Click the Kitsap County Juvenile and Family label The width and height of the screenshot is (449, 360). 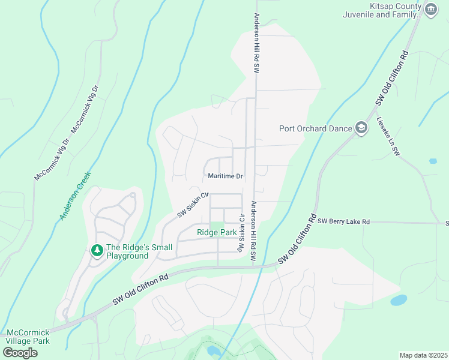click(381, 10)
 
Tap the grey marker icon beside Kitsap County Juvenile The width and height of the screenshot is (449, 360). click(430, 9)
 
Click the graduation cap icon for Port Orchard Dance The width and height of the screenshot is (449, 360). click(361, 128)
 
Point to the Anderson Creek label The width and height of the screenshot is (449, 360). click(74, 196)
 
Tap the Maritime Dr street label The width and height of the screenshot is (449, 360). click(225, 176)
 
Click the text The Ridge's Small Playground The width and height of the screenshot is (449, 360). click(139, 251)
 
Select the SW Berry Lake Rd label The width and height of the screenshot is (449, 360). click(343, 221)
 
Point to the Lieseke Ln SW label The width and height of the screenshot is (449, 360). click(387, 137)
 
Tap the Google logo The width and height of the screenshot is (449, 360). click(20, 353)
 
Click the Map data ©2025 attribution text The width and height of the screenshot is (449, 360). click(423, 355)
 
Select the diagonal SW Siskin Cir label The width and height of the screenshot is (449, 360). click(192, 205)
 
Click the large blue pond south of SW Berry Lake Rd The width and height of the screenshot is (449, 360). click(399, 299)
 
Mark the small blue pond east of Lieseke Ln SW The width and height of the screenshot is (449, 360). click(433, 161)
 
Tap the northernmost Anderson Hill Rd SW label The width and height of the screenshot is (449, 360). click(256, 43)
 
